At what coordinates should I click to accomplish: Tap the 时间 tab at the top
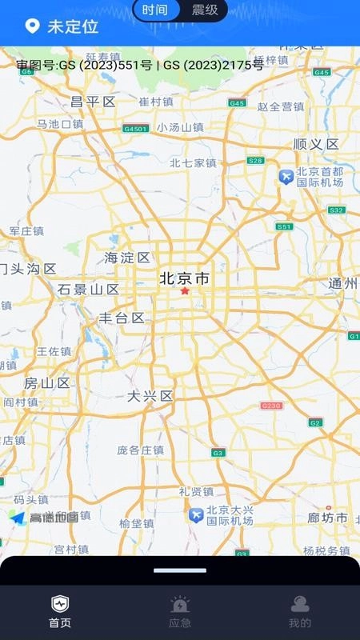[x=155, y=10]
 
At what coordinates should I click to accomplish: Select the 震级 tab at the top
[x=205, y=10]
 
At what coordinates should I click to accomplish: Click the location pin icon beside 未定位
[x=32, y=26]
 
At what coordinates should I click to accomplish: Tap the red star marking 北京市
[x=185, y=291]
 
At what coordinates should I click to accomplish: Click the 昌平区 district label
[x=94, y=102]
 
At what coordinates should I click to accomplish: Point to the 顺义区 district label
[x=316, y=144]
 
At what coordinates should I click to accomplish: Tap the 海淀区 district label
[x=127, y=258]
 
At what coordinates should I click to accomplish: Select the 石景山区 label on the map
[x=88, y=289]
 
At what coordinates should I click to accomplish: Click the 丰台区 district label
[x=121, y=318]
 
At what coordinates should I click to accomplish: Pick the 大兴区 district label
[x=150, y=396]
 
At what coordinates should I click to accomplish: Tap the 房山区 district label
[x=47, y=382]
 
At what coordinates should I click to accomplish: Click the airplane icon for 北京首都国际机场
[x=286, y=177]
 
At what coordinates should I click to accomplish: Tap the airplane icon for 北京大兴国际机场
[x=195, y=514]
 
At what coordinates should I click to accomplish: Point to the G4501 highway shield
[x=135, y=129]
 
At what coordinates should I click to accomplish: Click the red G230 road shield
[x=271, y=406]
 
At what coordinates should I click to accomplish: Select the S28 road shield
[x=255, y=161]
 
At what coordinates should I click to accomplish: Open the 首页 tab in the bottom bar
[x=60, y=611]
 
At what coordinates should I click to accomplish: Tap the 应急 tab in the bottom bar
[x=180, y=611]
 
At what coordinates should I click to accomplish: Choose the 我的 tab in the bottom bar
[x=300, y=611]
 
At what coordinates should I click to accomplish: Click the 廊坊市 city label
[x=328, y=518]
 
